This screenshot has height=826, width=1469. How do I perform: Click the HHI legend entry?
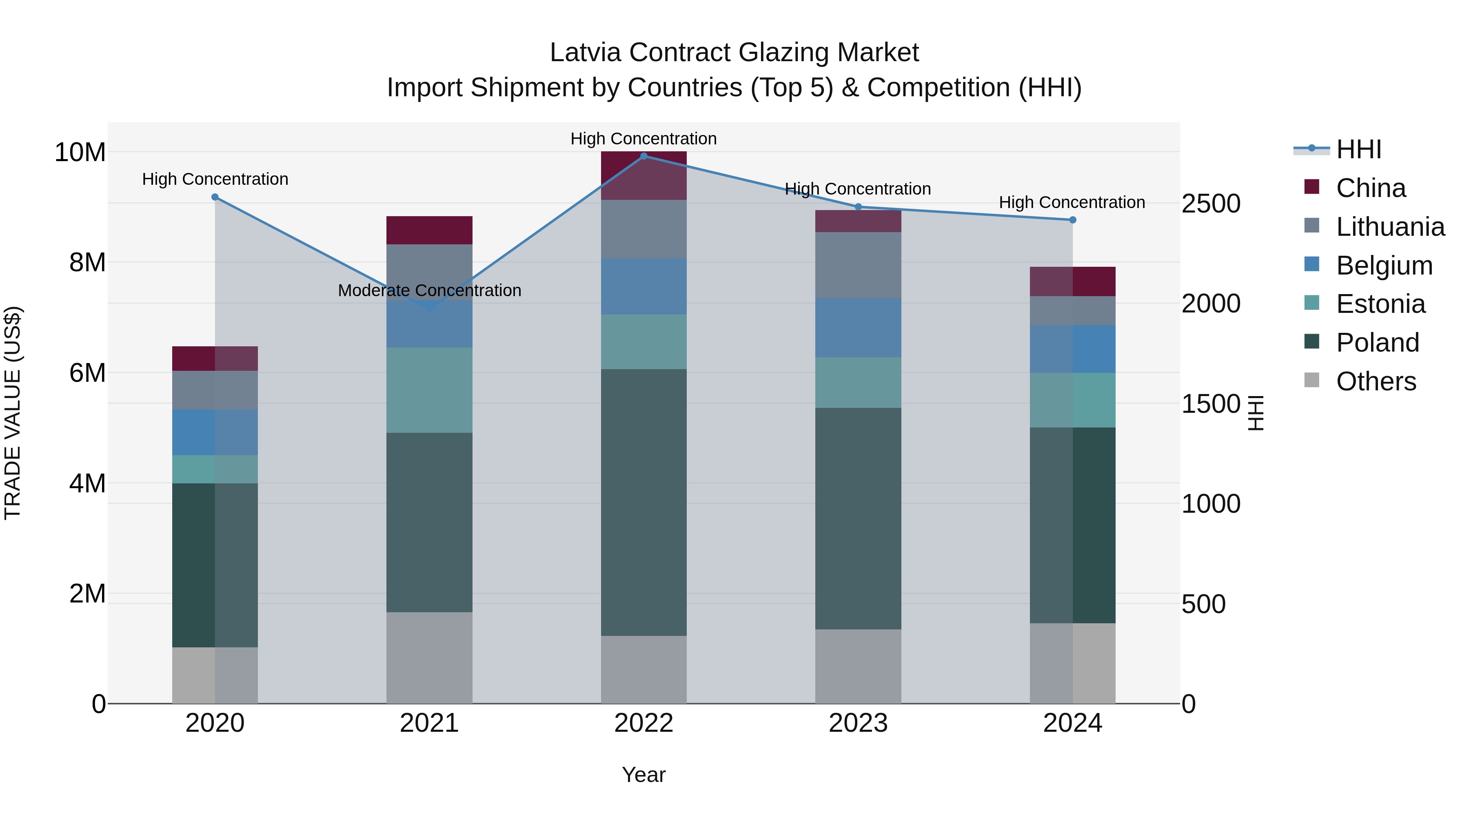[1358, 149]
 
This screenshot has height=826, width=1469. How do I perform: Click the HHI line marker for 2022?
[644, 156]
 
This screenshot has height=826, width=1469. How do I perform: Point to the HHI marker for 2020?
[215, 197]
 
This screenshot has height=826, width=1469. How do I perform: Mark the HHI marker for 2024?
[1073, 220]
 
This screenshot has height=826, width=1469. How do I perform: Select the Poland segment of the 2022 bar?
[644, 502]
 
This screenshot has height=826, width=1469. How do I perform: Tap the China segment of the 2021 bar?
[429, 230]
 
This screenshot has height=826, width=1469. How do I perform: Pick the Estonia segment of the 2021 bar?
[429, 390]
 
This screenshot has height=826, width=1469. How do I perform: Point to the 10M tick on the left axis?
[80, 152]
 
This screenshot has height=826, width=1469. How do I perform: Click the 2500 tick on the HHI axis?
[1211, 204]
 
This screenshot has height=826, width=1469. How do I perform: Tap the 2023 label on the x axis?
[858, 723]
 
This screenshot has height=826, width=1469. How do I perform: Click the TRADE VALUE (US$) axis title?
[13, 413]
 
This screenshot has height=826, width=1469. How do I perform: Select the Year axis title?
[644, 775]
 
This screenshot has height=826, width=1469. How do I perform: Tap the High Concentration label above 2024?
[1072, 202]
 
